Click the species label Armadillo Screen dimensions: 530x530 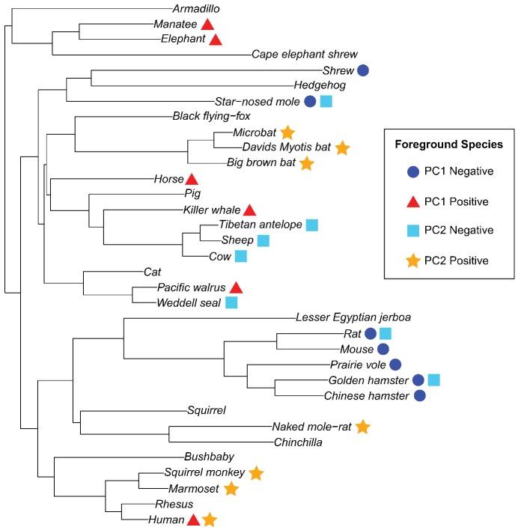click(197, 8)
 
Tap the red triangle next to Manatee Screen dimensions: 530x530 click(207, 24)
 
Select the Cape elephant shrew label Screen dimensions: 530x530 click(304, 55)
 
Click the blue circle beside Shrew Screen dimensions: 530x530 click(363, 70)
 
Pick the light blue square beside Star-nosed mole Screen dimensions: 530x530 click(326, 101)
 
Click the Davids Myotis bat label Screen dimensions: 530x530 click(285, 147)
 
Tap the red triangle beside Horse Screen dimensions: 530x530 click(192, 179)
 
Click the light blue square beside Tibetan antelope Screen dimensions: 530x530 click(312, 225)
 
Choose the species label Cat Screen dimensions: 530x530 click(153, 272)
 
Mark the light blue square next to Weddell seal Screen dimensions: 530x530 click(231, 302)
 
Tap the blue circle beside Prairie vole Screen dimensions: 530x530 click(395, 365)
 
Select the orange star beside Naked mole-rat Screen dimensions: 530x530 click(362, 427)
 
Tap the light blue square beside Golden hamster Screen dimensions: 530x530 click(433, 380)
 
